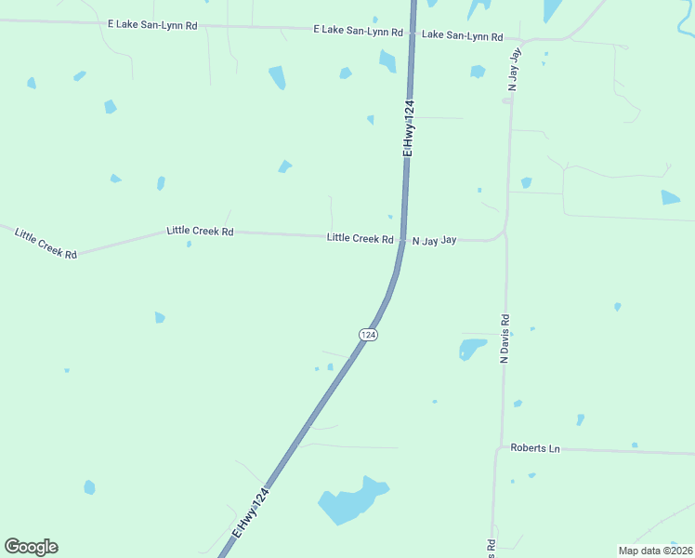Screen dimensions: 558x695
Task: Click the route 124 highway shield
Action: (368, 334)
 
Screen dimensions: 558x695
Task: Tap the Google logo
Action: (31, 547)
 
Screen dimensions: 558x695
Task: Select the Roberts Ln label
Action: (535, 448)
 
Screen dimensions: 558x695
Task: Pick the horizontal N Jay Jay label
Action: (435, 240)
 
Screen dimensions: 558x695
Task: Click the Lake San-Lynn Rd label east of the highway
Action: (462, 35)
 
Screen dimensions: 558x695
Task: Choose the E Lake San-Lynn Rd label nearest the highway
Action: (358, 31)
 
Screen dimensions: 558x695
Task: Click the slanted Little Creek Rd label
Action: (46, 242)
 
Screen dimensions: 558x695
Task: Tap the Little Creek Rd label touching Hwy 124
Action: (360, 238)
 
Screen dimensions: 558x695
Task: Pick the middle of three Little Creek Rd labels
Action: (200, 231)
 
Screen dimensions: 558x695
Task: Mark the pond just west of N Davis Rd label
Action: (471, 349)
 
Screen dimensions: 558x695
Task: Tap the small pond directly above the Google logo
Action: (89, 487)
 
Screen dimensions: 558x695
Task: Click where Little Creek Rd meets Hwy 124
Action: (401, 240)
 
